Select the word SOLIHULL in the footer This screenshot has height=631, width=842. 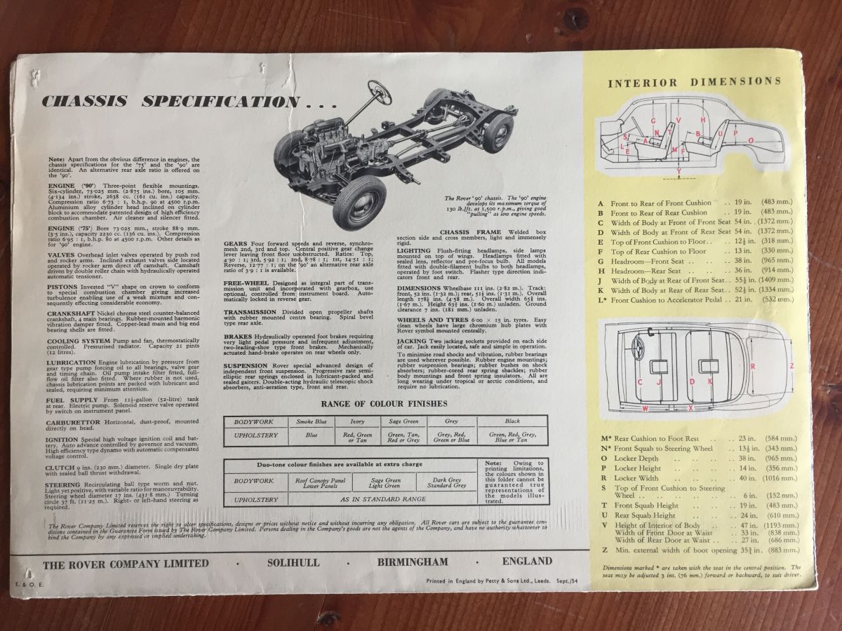(295, 562)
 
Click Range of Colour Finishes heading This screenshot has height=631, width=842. (384, 404)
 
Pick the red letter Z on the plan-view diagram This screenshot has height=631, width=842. (791, 365)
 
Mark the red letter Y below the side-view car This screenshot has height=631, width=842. (678, 171)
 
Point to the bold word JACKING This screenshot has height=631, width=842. (417, 340)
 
